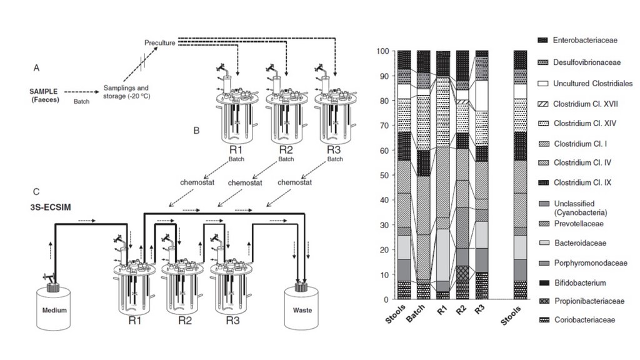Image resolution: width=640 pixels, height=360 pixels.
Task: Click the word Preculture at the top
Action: (160, 42)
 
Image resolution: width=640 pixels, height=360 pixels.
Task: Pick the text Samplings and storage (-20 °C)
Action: (127, 92)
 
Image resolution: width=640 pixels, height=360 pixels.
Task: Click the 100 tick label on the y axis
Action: (384, 51)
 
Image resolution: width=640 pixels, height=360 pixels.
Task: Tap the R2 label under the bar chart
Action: (462, 309)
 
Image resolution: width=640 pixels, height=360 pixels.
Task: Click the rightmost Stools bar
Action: (520, 175)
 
